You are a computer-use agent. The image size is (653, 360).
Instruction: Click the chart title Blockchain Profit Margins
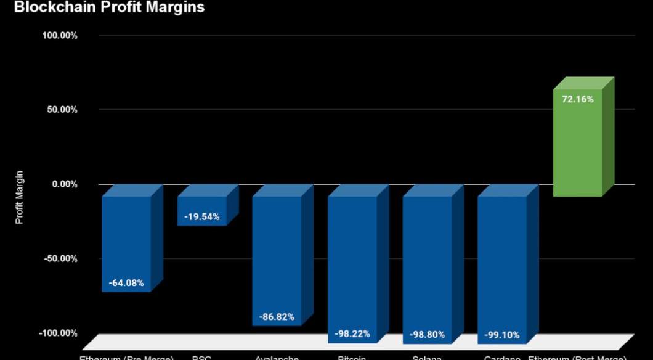click(108, 7)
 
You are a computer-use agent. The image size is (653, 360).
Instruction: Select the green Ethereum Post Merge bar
click(577, 148)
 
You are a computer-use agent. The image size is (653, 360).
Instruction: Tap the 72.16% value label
click(577, 99)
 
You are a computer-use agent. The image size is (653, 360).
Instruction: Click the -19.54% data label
click(202, 217)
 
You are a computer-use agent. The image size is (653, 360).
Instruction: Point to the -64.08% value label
click(126, 283)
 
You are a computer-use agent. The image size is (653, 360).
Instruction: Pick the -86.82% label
click(277, 317)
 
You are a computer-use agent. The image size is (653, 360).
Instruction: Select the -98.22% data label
click(352, 334)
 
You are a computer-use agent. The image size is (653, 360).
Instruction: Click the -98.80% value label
click(428, 335)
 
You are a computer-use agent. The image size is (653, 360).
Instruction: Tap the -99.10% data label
click(502, 335)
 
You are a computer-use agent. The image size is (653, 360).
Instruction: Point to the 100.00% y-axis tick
click(60, 36)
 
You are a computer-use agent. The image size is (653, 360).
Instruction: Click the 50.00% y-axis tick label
click(62, 110)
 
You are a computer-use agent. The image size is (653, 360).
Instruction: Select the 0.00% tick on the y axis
click(64, 184)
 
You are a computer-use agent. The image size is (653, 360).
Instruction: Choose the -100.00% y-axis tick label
click(59, 333)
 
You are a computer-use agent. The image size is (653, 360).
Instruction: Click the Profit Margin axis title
click(20, 197)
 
